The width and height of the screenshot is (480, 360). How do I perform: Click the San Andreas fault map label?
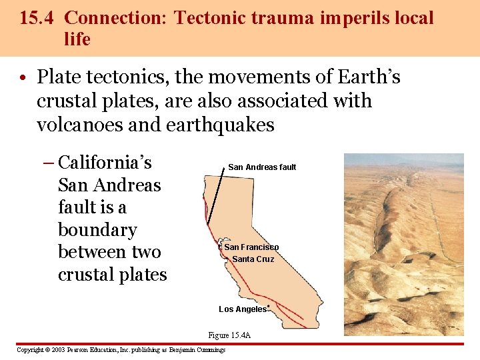coord(262,167)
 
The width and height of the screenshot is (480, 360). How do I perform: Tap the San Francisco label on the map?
coord(251,247)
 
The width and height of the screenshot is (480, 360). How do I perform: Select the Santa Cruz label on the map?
coord(253,259)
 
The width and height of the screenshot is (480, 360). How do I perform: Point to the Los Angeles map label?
coord(242,309)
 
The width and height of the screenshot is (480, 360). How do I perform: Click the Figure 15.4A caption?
coord(229,335)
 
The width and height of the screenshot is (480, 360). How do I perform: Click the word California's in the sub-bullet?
coord(105,163)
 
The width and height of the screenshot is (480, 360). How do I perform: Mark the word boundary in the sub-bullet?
coord(97,230)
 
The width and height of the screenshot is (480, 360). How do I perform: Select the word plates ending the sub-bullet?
coord(139,275)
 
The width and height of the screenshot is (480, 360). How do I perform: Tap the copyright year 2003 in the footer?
coord(58,350)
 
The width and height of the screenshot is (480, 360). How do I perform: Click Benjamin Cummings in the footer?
coord(197,350)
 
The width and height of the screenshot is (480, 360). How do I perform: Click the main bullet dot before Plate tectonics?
coord(23,79)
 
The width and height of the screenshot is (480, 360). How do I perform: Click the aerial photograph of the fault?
coord(403,244)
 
